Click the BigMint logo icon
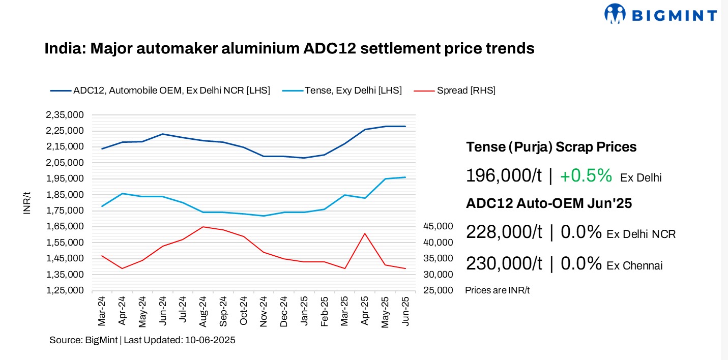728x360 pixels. point(615,14)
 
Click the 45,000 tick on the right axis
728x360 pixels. point(438,226)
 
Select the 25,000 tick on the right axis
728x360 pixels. point(438,290)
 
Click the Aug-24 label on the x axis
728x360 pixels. point(203,312)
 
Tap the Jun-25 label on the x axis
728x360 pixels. point(405,312)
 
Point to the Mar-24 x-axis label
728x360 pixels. point(102,312)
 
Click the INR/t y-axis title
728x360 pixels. point(27,203)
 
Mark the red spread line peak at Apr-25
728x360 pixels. point(365,233)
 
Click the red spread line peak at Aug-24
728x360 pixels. point(203,227)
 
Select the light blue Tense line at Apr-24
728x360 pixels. point(122,194)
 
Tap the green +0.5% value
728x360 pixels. point(586,176)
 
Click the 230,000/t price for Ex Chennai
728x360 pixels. point(504,264)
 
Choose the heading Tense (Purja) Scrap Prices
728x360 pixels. point(551,147)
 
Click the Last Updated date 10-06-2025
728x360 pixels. point(208,340)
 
